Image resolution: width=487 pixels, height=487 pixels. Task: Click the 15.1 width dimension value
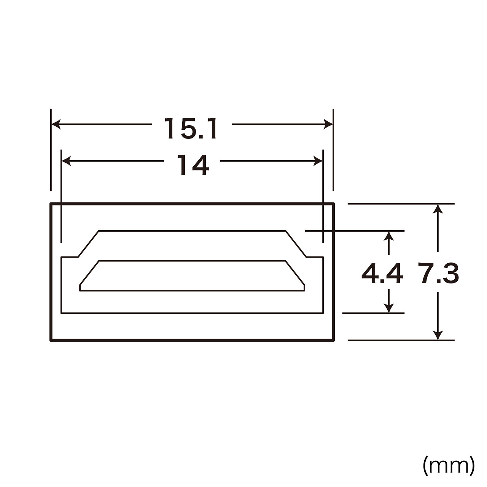191,129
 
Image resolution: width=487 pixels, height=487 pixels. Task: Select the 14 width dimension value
193,165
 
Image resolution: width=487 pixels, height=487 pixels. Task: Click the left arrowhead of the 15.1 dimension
56,124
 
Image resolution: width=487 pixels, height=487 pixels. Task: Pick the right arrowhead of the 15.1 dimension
328,124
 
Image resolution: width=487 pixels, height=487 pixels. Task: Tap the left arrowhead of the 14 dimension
66,161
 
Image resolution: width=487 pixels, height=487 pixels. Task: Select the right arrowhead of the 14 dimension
318,161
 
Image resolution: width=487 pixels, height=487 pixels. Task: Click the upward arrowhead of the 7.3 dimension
438,209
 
